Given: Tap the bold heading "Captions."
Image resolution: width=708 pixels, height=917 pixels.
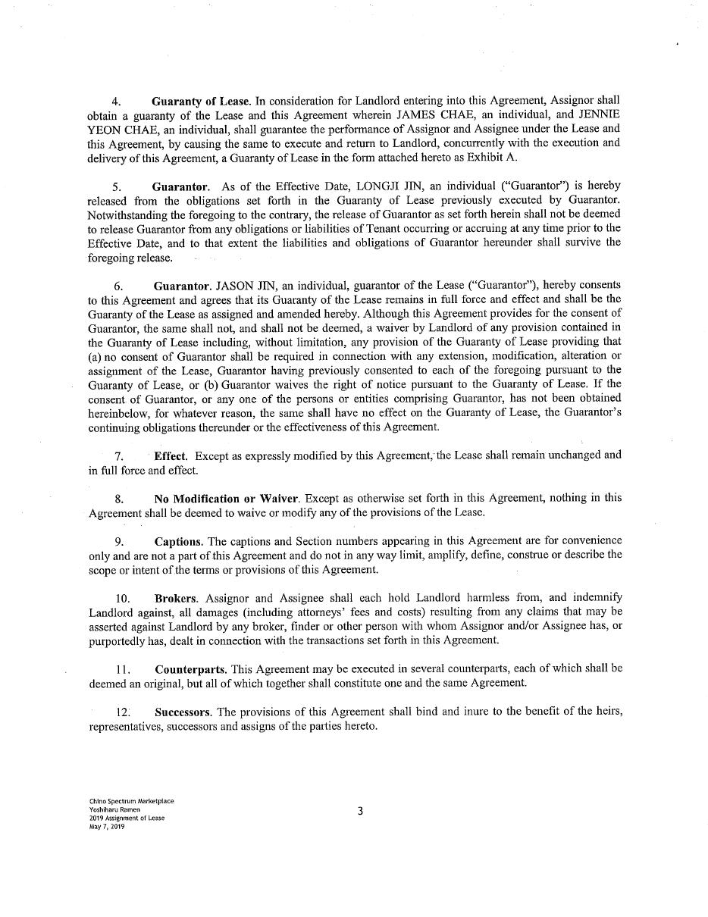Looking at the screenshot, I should (179, 541).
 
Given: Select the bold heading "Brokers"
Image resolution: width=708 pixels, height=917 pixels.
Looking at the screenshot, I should (176, 597).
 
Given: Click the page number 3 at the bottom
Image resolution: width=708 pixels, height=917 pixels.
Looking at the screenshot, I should (360, 811).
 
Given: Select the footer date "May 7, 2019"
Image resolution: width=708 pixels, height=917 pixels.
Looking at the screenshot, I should (106, 827).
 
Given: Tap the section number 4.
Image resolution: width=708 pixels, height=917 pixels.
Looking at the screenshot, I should (116, 101).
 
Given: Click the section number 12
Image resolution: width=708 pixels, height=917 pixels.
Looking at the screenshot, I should (123, 712).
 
